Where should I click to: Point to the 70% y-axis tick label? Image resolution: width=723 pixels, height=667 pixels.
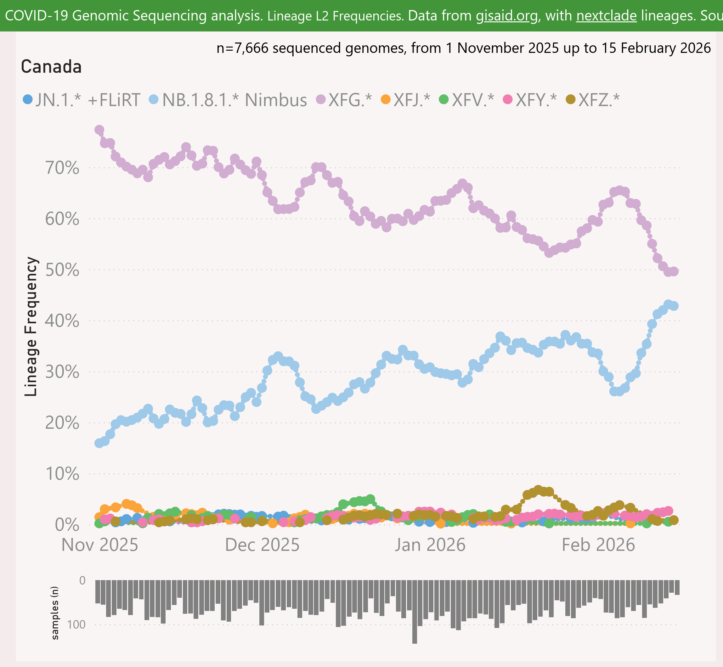point(62,168)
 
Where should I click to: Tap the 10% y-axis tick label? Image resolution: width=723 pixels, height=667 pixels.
point(62,474)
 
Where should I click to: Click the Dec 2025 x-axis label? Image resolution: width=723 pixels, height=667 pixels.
point(262,545)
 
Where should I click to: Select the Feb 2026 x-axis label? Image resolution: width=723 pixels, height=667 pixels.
point(598,545)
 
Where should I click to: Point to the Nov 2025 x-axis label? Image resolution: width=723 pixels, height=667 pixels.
point(100,545)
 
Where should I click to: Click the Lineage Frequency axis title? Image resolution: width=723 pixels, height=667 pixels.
point(31,327)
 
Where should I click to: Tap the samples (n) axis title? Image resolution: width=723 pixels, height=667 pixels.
point(55,613)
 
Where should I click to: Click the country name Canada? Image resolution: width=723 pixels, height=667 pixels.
point(51,67)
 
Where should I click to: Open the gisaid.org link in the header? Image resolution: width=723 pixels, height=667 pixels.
point(506,15)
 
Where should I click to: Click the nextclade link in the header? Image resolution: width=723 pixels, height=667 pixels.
point(607,15)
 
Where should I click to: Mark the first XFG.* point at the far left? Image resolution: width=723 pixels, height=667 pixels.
point(99,130)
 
